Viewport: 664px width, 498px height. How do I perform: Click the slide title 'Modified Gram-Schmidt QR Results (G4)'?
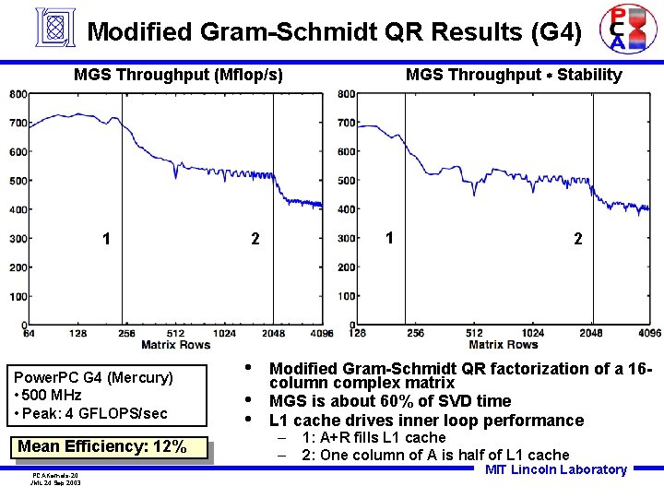(334, 32)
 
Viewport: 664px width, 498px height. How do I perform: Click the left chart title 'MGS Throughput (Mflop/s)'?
(178, 75)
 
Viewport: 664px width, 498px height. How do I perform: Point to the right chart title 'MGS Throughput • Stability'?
(514, 75)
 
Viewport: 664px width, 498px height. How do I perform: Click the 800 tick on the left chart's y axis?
(18, 94)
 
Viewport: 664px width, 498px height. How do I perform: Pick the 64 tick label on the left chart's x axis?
(30, 333)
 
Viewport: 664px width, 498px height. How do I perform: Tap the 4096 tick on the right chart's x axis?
(649, 333)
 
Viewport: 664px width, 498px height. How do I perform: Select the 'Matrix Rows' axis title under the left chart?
(175, 345)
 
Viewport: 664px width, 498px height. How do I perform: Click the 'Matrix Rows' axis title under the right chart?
(503, 345)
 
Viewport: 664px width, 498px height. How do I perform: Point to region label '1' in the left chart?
(108, 239)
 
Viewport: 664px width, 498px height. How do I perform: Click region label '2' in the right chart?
(577, 239)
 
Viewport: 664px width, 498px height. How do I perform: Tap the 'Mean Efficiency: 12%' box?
(101, 447)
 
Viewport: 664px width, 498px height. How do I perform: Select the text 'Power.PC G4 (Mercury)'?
(92, 377)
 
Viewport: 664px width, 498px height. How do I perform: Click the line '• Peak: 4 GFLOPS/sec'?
(90, 413)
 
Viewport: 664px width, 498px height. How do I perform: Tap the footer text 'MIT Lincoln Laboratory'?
(556, 469)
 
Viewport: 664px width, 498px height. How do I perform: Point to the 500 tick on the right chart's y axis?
(347, 181)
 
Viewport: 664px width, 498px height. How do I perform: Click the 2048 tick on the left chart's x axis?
(273, 333)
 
